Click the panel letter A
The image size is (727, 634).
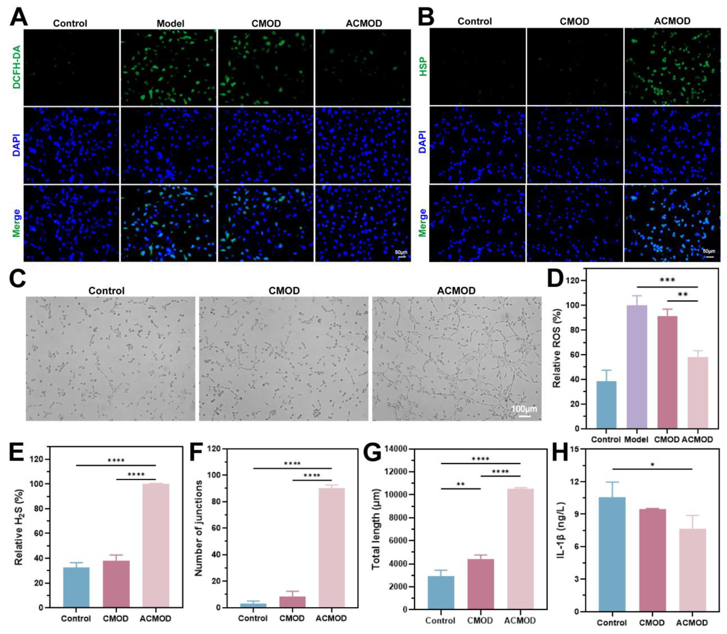[x=18, y=17]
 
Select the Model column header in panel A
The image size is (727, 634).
[x=170, y=24]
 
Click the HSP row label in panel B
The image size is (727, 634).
[x=423, y=67]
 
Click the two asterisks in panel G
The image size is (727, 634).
[x=460, y=484]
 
